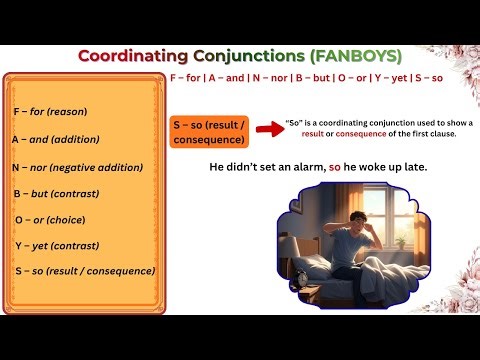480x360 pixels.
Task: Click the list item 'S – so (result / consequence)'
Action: click(x=85, y=271)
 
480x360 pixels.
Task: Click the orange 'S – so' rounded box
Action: click(x=209, y=129)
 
